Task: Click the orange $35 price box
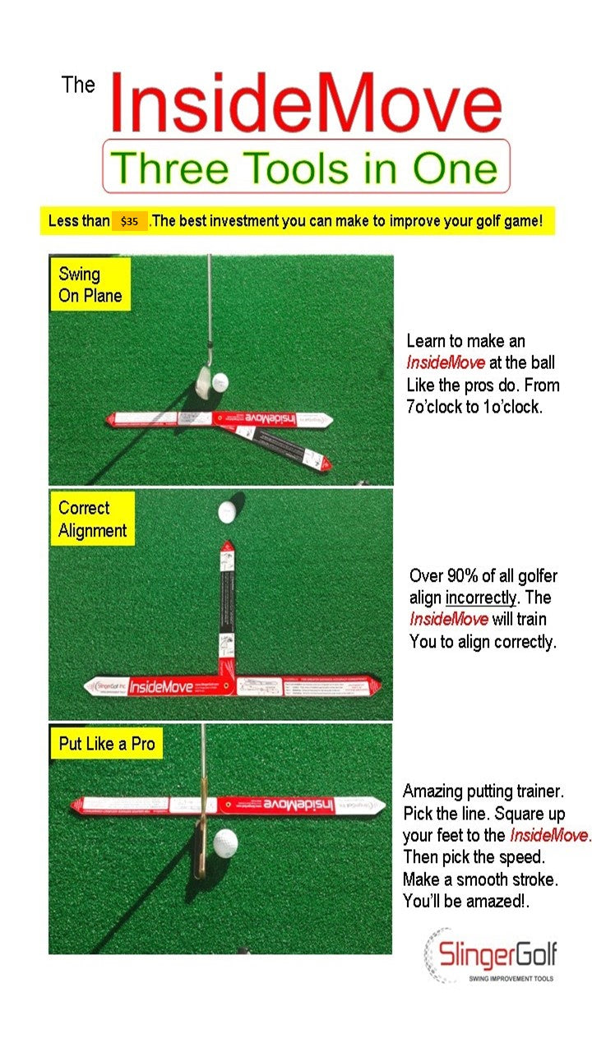tap(129, 221)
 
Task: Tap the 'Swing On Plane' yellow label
tap(90, 284)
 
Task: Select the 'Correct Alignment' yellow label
tap(92, 519)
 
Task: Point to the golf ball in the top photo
tap(220, 382)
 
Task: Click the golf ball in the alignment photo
tap(227, 511)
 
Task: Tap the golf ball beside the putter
tap(225, 841)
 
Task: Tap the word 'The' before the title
tap(78, 85)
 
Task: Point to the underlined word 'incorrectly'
tap(481, 598)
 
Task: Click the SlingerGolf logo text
tap(498, 954)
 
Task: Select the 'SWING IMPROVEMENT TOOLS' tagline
tap(510, 978)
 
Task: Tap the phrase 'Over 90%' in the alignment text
tap(441, 575)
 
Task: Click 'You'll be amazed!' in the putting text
tap(465, 901)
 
